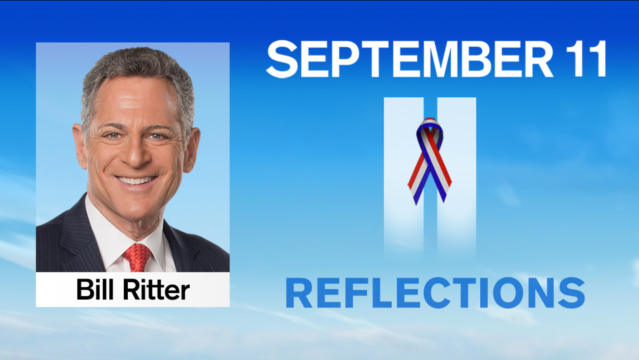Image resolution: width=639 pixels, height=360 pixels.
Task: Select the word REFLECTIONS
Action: coord(435,294)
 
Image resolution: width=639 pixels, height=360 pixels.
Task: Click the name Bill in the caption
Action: coord(96,290)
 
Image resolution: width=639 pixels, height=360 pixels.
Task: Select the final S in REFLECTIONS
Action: coord(571,294)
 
